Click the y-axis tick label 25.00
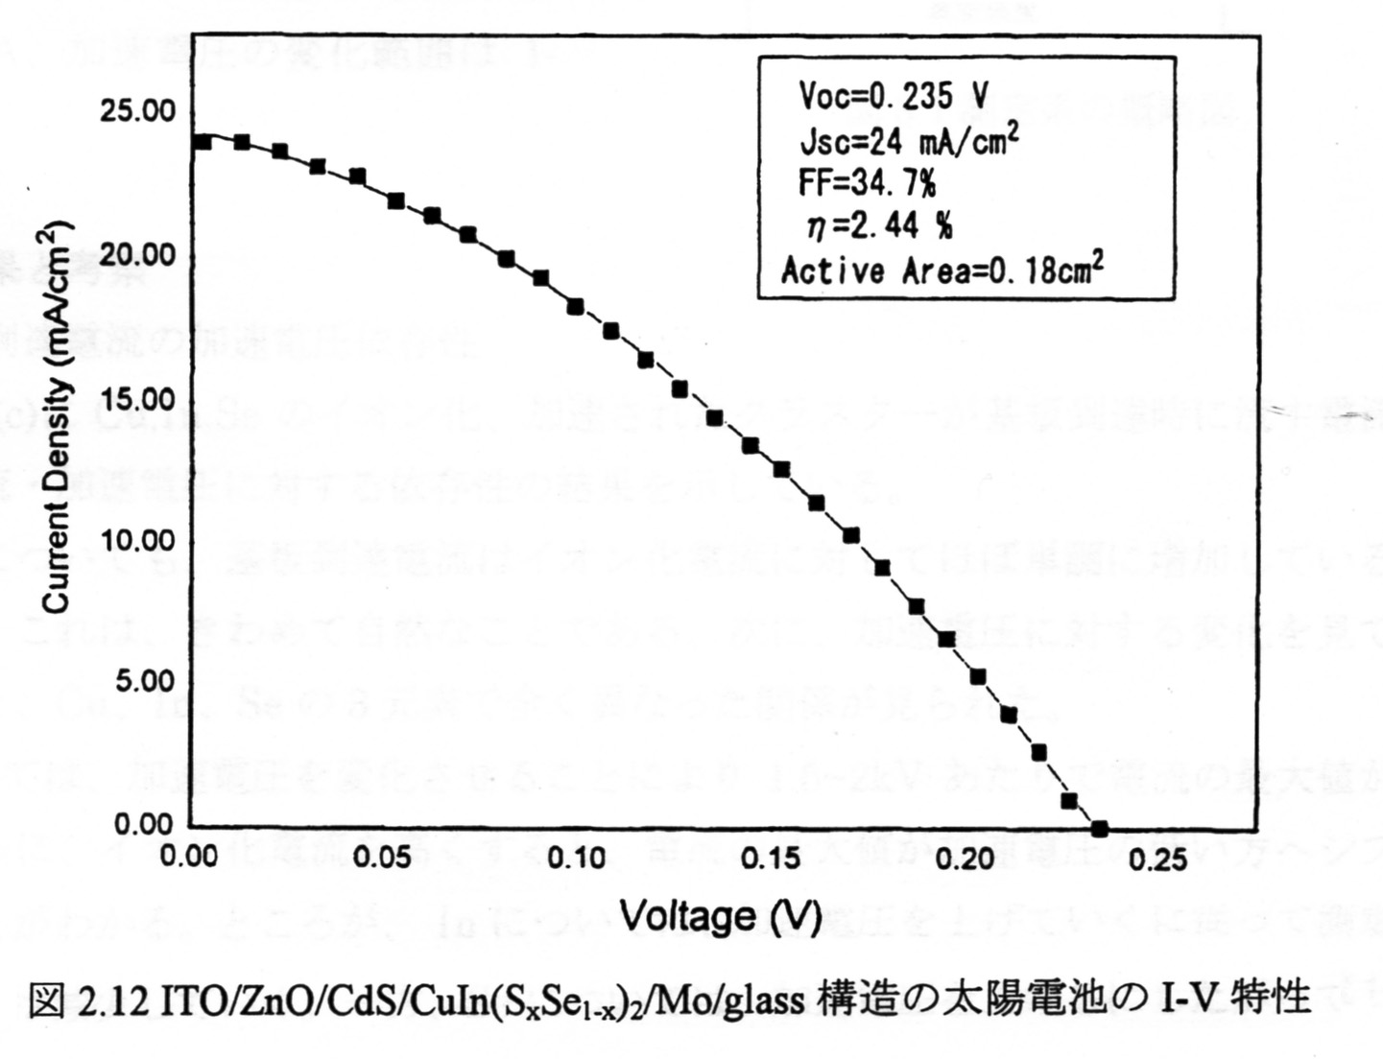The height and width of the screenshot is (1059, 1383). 138,110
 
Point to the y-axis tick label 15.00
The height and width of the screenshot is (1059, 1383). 138,399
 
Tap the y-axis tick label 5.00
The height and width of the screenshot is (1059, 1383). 145,682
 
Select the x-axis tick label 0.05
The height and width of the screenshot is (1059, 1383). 382,857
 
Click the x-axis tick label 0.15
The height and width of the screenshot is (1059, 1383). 770,857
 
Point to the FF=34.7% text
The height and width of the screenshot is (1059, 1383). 867,182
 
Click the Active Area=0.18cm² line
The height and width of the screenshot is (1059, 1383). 942,271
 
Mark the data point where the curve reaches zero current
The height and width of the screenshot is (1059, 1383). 1099,828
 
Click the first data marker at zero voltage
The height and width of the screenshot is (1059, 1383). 203,142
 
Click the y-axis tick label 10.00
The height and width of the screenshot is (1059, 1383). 138,540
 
